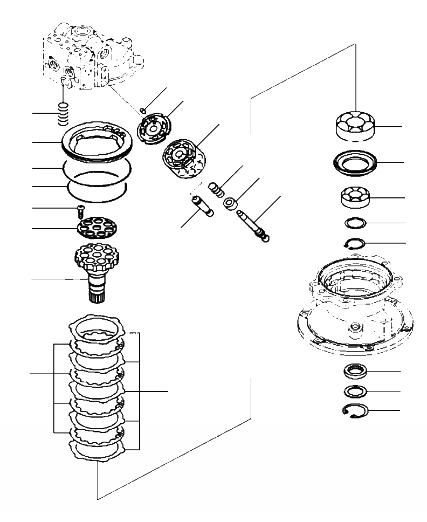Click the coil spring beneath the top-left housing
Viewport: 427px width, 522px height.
click(x=64, y=114)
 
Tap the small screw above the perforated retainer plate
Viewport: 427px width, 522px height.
click(x=80, y=209)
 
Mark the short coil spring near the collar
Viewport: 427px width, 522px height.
click(x=215, y=190)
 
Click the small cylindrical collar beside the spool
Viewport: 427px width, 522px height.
click(x=231, y=204)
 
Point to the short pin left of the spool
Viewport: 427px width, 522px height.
click(x=202, y=205)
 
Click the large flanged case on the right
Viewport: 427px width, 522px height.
click(x=355, y=307)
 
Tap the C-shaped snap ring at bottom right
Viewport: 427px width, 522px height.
click(x=355, y=411)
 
